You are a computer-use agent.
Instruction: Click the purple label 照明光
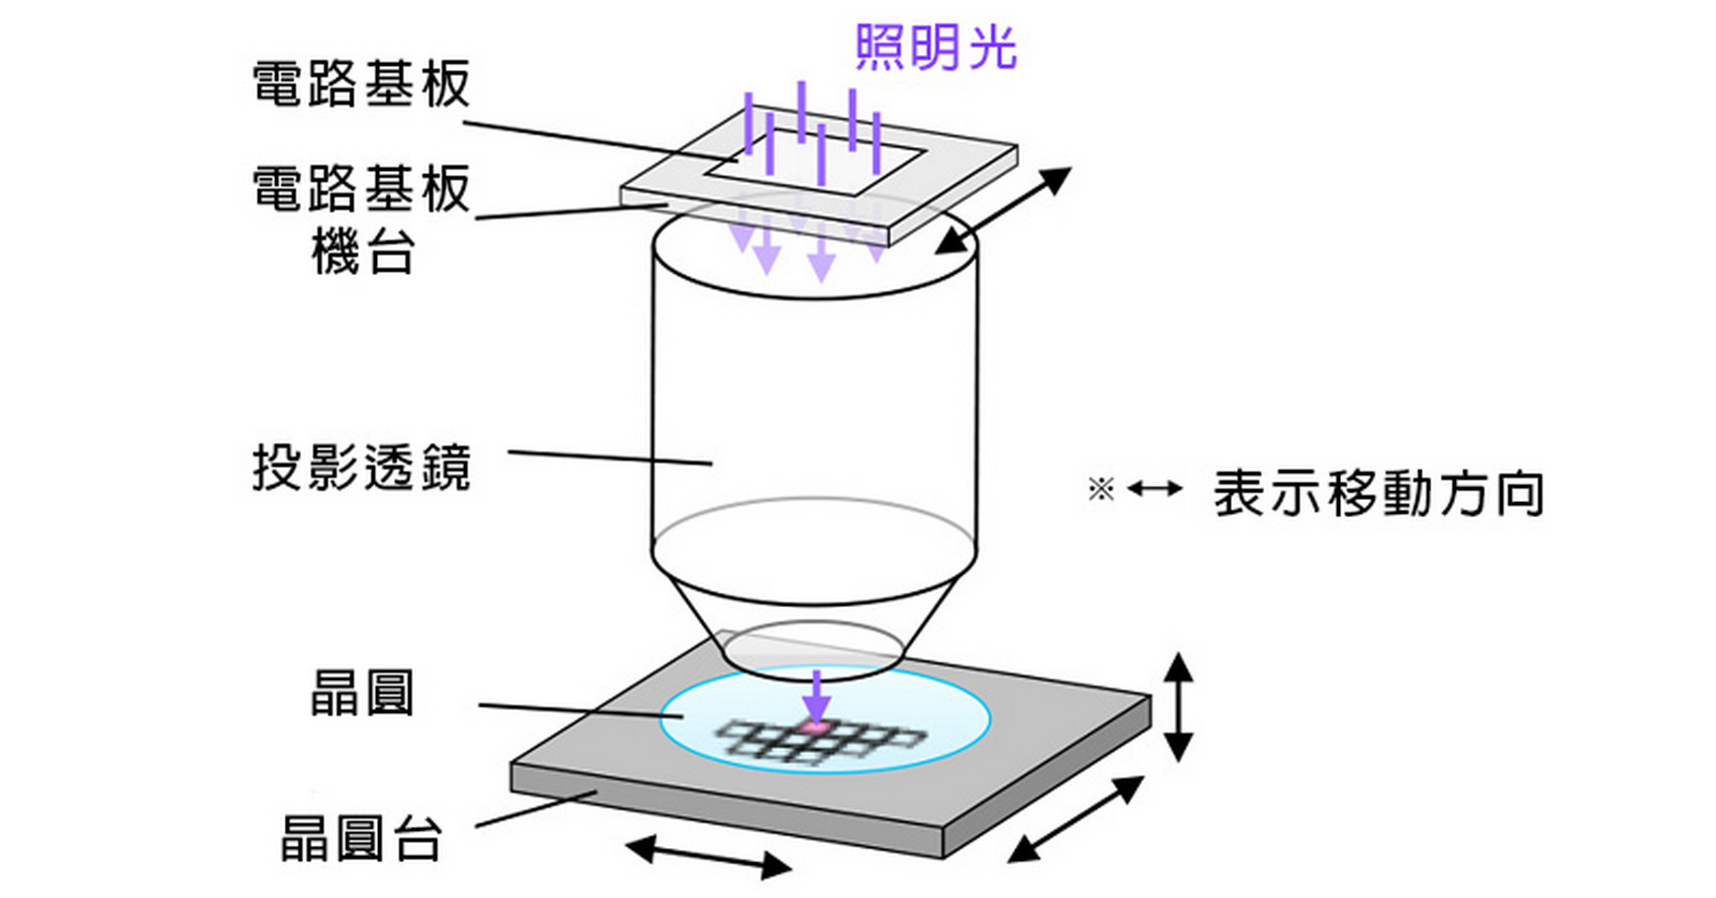click(x=936, y=47)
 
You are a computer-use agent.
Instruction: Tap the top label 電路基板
click(x=362, y=84)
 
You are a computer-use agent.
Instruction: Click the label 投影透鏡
click(x=362, y=467)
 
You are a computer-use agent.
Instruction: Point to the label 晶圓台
click(x=362, y=838)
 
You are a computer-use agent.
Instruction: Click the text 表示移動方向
click(x=1379, y=493)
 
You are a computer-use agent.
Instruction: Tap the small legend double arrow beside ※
click(x=1155, y=489)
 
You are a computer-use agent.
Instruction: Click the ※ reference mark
click(x=1100, y=489)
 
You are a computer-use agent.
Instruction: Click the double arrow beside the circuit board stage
click(x=1003, y=211)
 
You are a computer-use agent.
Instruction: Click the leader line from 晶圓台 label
click(x=535, y=809)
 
